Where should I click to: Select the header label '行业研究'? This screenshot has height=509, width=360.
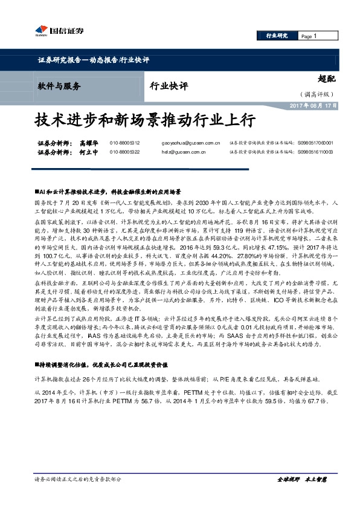277,37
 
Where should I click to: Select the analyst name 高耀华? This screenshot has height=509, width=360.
88,143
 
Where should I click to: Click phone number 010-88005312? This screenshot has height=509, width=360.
124,143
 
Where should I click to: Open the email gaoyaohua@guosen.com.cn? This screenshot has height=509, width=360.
190,143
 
